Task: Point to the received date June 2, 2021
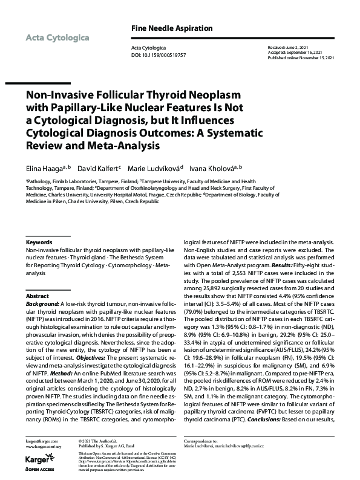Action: click(298, 47)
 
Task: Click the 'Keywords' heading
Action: click(38, 242)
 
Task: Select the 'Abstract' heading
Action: click(38, 297)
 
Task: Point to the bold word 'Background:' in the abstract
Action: click(42, 305)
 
